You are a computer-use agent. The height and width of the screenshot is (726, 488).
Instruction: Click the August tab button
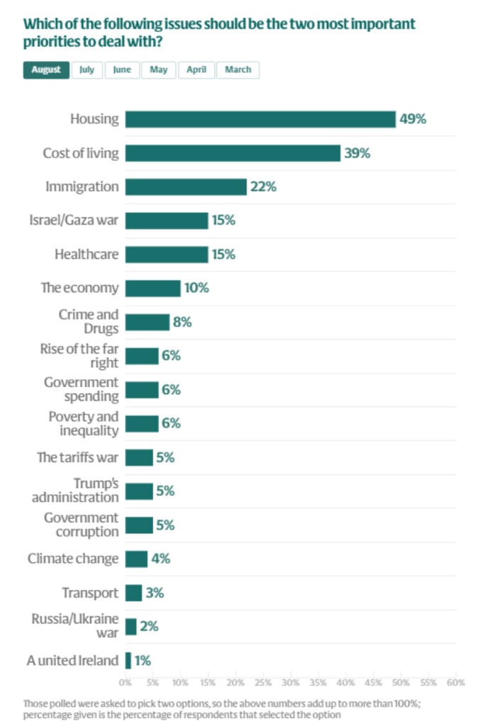(46, 70)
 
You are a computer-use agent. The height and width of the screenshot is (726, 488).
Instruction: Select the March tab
(238, 70)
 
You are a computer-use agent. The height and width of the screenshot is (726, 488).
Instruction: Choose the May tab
(159, 70)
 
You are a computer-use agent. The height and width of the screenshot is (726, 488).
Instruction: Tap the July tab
(87, 70)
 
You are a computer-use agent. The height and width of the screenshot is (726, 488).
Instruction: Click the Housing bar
(260, 119)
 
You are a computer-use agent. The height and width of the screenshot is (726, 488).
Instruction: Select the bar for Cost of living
(233, 153)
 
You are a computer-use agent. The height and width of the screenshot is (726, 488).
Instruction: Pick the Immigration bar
(186, 187)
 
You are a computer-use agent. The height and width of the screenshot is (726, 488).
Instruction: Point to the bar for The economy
(152, 289)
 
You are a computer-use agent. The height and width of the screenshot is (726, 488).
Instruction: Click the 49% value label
(413, 119)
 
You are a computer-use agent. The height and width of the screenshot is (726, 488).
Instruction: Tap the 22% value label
(262, 187)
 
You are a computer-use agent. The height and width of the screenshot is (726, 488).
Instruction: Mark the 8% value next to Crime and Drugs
(182, 323)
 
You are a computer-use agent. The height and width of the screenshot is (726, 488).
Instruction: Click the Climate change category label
(73, 559)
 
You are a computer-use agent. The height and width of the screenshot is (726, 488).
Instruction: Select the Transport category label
(90, 593)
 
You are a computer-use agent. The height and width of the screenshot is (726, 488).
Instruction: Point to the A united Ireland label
(72, 661)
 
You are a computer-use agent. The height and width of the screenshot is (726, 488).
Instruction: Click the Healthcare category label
(87, 255)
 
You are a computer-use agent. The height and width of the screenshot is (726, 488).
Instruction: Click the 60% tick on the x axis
(455, 683)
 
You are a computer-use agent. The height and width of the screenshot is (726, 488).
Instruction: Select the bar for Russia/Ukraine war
(131, 627)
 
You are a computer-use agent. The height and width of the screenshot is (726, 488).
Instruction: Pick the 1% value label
(143, 661)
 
